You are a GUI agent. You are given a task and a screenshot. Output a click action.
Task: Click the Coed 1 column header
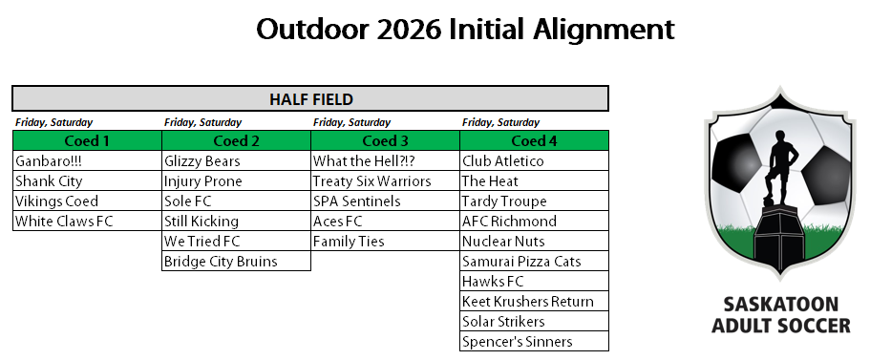(87, 141)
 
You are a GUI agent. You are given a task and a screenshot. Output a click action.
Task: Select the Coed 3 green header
(385, 141)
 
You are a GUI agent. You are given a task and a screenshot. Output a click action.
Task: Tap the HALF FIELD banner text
(311, 99)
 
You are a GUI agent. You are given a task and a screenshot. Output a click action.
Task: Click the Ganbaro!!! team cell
(87, 160)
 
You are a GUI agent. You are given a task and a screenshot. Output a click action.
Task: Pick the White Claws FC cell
(87, 221)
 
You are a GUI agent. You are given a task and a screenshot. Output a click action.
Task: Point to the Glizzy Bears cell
(237, 160)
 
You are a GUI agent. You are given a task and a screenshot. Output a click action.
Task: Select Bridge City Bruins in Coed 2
(237, 261)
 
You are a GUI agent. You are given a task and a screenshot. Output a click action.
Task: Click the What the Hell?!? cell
(385, 160)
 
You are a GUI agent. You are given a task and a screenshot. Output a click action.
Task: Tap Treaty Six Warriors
(385, 180)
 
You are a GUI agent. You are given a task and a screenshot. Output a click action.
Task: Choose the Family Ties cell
(385, 241)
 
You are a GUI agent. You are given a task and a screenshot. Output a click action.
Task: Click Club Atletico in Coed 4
(534, 160)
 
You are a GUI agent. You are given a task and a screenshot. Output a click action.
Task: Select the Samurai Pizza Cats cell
(534, 261)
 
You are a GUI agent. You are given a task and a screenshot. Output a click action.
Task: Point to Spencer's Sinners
(534, 341)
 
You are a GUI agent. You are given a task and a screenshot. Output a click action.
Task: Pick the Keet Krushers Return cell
(534, 301)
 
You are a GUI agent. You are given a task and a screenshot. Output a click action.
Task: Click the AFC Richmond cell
(534, 221)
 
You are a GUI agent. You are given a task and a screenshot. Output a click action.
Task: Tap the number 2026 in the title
(409, 30)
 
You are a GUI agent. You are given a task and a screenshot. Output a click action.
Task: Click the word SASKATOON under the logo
(780, 305)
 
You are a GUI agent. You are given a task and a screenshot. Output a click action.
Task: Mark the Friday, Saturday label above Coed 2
(203, 122)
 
